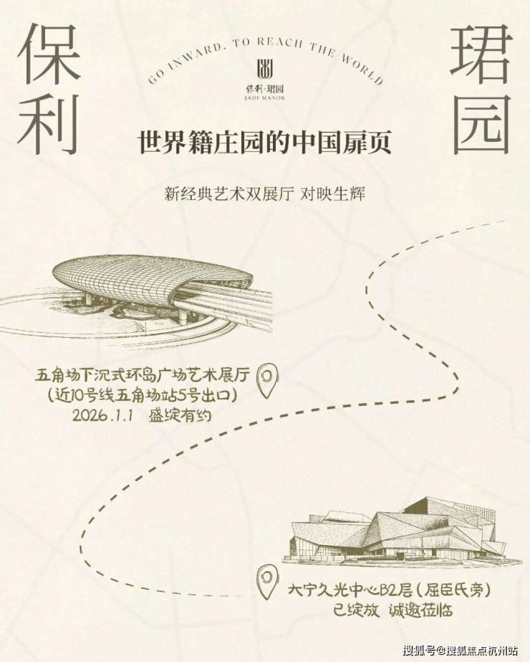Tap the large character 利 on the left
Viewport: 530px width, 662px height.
pyautogui.click(x=49, y=123)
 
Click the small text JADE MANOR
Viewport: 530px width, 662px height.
pyautogui.click(x=265, y=98)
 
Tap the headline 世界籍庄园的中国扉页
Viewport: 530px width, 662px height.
pyautogui.click(x=265, y=143)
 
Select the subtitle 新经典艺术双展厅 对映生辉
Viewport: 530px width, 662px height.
pyautogui.click(x=265, y=194)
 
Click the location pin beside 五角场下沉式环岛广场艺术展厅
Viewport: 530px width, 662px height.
pyautogui.click(x=268, y=380)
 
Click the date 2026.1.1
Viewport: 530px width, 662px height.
pyautogui.click(x=102, y=415)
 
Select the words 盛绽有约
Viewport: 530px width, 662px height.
pyautogui.click(x=180, y=415)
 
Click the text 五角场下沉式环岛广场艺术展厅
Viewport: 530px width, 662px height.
pyautogui.click(x=143, y=375)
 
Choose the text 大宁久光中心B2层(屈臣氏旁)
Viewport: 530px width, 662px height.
pyautogui.click(x=389, y=590)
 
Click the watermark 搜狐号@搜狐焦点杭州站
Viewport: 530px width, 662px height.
pyautogui.click(x=460, y=650)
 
